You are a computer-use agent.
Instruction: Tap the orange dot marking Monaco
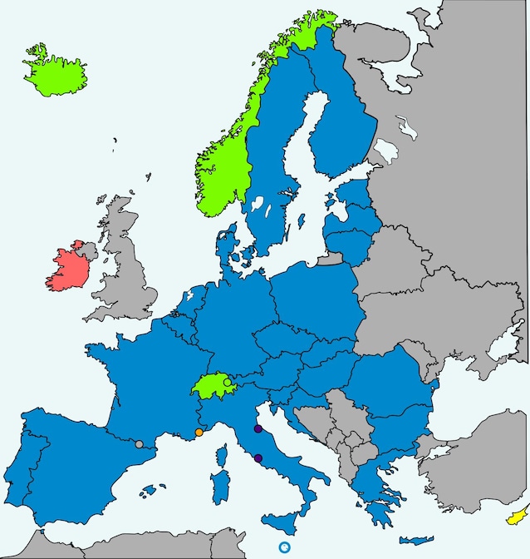tap(199, 433)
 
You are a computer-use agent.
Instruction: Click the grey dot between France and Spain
tap(139, 444)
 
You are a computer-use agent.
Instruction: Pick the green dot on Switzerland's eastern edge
tap(228, 383)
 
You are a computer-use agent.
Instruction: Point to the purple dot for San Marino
tap(258, 429)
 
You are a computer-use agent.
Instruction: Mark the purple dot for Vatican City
tap(258, 458)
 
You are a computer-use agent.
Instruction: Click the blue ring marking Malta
tap(285, 547)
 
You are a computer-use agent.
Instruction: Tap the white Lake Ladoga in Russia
tap(386, 152)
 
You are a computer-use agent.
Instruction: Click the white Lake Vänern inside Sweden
tap(256, 205)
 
